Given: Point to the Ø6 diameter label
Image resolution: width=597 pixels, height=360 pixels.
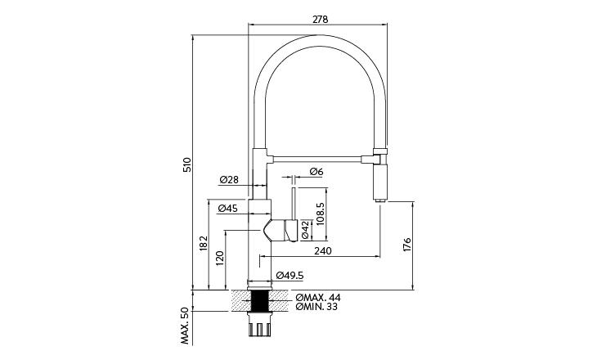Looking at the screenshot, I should coord(316,172).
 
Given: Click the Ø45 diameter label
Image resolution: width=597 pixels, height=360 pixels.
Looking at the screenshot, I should coord(227,209).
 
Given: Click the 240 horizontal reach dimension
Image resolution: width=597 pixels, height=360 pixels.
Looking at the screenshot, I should coord(322,251).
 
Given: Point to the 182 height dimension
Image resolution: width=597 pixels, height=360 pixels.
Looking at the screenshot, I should coord(202,244).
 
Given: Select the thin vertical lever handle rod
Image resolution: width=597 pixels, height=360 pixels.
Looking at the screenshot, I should coord(293,200).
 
